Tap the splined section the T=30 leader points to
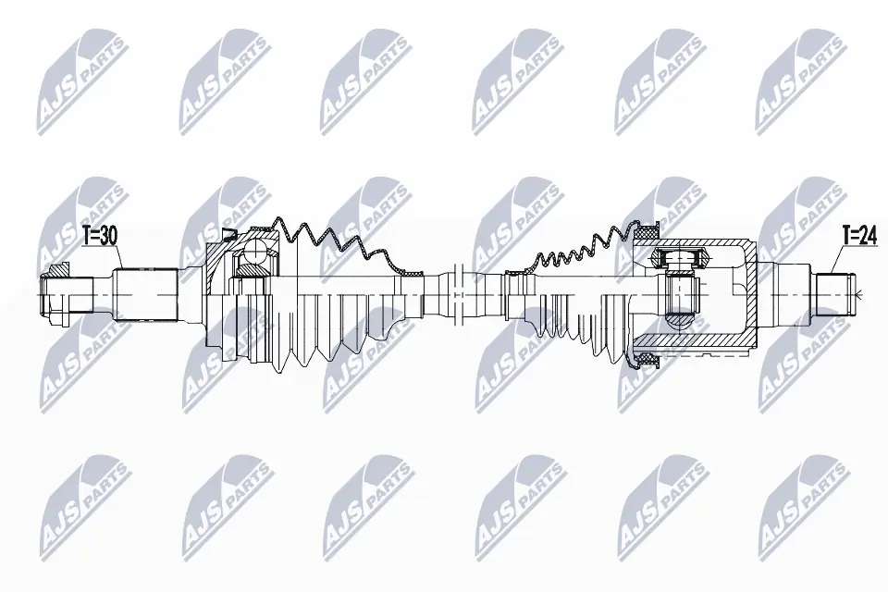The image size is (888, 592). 145,292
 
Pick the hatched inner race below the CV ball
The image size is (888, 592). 249,270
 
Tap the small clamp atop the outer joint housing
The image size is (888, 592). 228,232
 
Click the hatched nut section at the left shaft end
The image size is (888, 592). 61,271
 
